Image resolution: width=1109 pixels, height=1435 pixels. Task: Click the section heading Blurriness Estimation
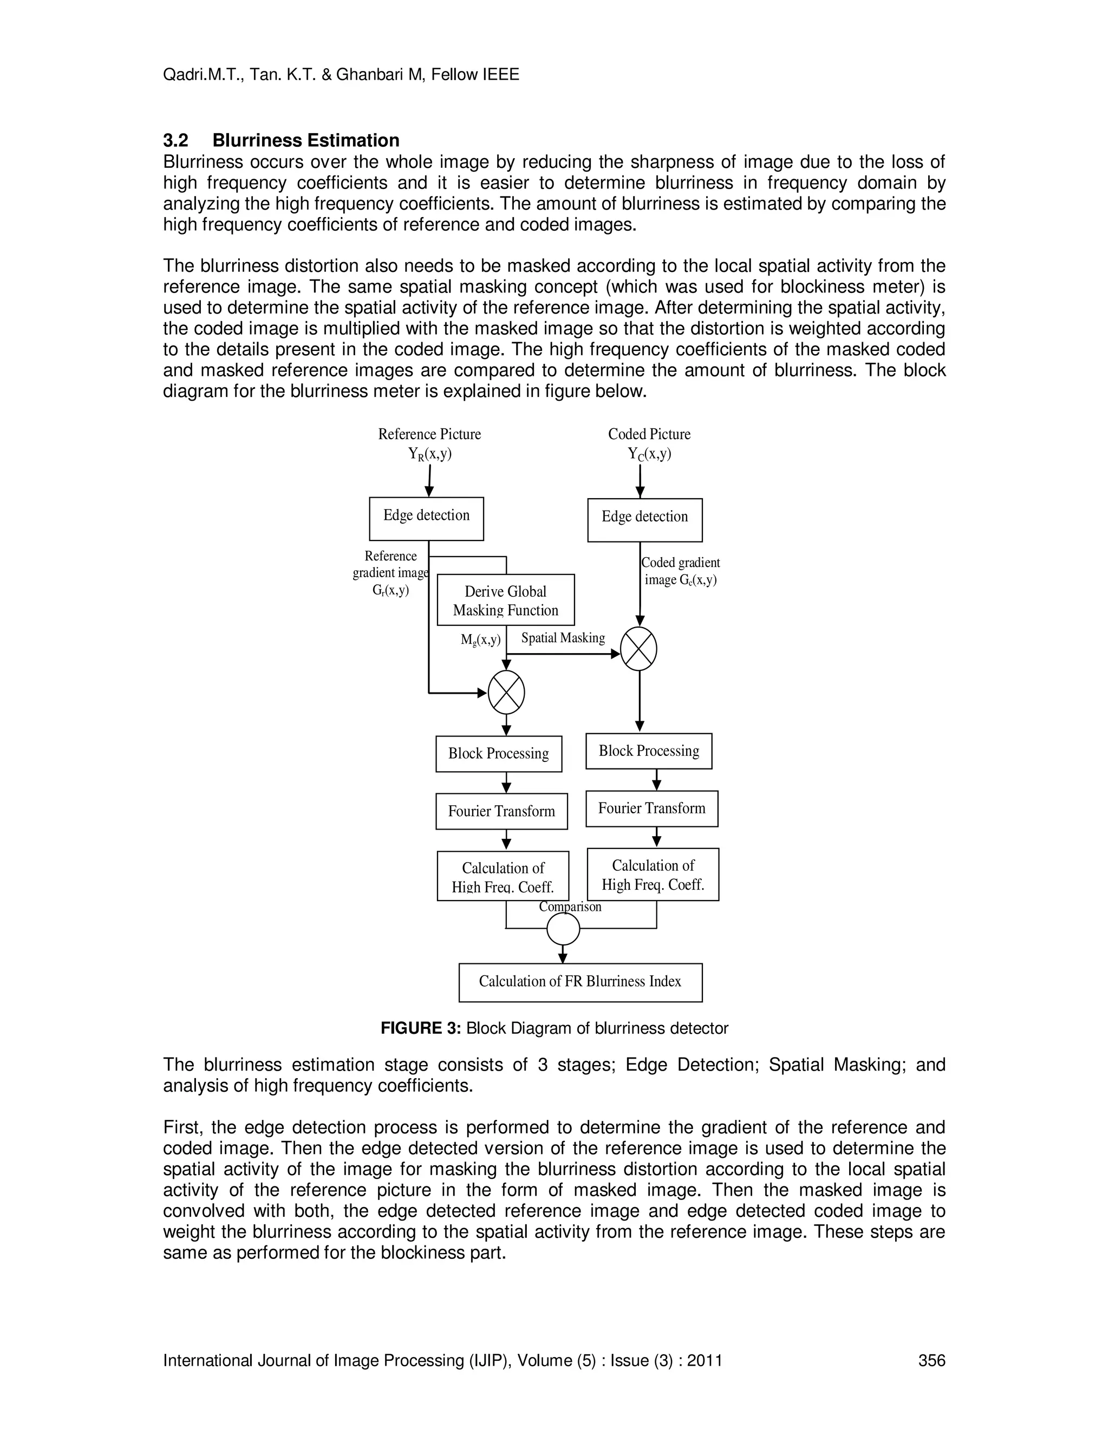(305, 141)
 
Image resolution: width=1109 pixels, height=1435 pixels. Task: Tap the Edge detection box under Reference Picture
(426, 518)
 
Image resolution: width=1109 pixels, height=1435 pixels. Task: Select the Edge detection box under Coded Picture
(644, 520)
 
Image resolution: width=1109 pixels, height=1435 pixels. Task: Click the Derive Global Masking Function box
(505, 600)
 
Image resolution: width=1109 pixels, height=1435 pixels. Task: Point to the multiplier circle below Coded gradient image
(638, 649)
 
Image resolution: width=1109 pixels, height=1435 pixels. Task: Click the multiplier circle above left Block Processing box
(506, 692)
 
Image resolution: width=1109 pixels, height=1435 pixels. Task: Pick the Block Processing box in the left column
(499, 754)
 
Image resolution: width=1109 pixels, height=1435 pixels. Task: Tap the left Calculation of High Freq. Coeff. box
(503, 876)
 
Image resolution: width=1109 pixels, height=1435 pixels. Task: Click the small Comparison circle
(563, 929)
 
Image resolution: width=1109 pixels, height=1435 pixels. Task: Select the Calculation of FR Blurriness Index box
(580, 982)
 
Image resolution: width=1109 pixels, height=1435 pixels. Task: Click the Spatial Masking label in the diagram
(563, 638)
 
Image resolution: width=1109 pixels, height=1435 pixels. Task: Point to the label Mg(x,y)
(480, 640)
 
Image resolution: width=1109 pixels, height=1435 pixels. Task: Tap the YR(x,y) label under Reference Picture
(429, 454)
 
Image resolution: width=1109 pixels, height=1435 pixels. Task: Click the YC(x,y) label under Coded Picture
(649, 454)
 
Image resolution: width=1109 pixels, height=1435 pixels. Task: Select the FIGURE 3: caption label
(421, 1028)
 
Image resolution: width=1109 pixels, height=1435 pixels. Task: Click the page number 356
(931, 1360)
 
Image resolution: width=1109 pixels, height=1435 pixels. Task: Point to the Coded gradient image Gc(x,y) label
(681, 571)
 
